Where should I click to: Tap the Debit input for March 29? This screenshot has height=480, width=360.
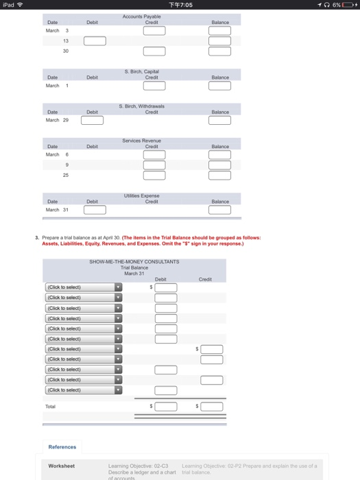coord(92,121)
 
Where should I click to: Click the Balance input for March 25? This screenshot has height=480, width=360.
coord(220,176)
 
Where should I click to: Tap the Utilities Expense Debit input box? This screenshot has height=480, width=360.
coord(92,210)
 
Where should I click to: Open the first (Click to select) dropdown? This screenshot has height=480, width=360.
coord(83,287)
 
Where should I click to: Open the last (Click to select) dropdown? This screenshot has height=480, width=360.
coord(83,389)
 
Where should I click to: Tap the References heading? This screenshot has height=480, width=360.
coord(62,446)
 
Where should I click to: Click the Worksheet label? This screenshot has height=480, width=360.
coord(62,466)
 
